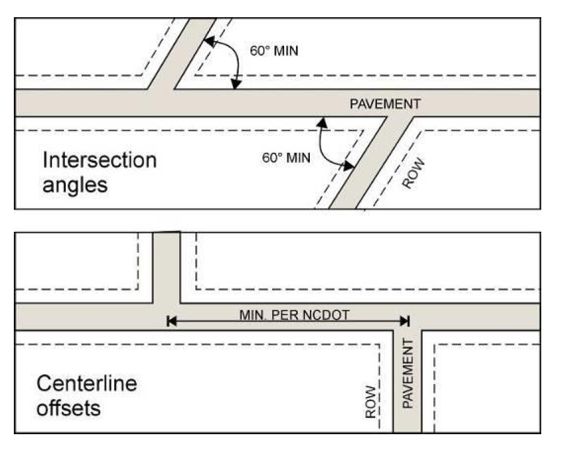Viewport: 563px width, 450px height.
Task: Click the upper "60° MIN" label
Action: pyautogui.click(x=274, y=50)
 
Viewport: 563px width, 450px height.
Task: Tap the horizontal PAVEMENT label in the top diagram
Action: pyautogui.click(x=384, y=104)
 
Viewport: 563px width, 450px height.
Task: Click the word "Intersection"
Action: pyautogui.click(x=100, y=159)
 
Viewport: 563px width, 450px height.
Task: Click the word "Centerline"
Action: pyautogui.click(x=87, y=384)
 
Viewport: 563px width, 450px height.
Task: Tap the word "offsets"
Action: pyautogui.click(x=69, y=408)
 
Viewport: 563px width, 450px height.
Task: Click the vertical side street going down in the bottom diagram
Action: pyautogui.click(x=407, y=395)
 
